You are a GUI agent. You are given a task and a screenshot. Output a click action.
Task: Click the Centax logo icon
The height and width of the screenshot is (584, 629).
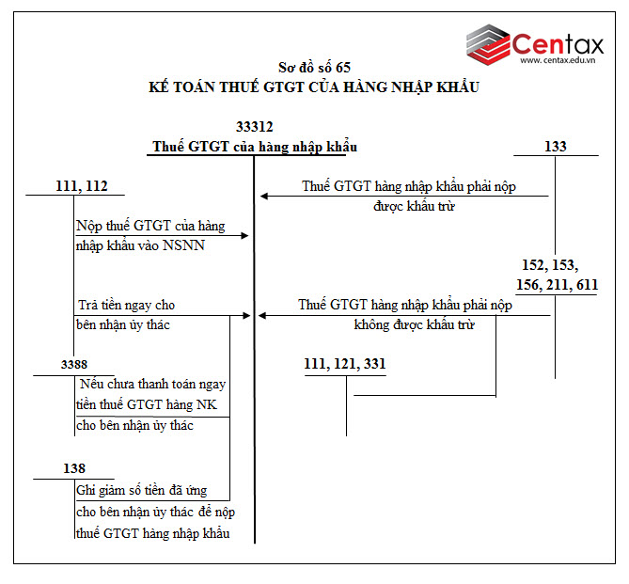pyautogui.click(x=488, y=45)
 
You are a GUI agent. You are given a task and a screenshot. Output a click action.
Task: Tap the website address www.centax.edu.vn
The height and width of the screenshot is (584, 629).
pyautogui.click(x=562, y=62)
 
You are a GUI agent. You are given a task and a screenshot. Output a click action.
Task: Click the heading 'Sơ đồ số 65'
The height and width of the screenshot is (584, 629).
pyautogui.click(x=314, y=67)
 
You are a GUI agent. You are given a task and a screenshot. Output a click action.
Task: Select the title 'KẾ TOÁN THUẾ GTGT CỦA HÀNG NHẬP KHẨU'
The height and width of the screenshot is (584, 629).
pyautogui.click(x=314, y=87)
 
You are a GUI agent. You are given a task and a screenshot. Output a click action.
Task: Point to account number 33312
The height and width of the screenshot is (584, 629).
pyautogui.click(x=255, y=126)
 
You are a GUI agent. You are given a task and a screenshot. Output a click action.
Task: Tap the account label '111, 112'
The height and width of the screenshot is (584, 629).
pyautogui.click(x=82, y=186)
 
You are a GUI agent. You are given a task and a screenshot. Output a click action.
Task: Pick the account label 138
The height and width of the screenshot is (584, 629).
pyautogui.click(x=73, y=468)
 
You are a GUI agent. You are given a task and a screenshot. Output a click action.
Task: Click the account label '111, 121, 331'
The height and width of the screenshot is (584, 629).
pyautogui.click(x=344, y=364)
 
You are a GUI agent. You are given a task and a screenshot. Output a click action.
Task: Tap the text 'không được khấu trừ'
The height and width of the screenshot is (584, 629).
pyautogui.click(x=414, y=325)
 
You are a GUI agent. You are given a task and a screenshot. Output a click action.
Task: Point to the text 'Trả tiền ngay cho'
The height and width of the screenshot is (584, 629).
pyautogui.click(x=125, y=305)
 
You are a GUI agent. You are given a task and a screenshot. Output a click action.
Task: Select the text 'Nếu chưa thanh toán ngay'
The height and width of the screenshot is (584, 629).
pyautogui.click(x=153, y=385)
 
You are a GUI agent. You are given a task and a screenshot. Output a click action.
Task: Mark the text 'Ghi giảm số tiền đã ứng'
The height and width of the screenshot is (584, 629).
pyautogui.click(x=141, y=491)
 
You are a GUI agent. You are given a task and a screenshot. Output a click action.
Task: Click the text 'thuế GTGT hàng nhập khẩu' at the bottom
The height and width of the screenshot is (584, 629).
pyautogui.click(x=152, y=533)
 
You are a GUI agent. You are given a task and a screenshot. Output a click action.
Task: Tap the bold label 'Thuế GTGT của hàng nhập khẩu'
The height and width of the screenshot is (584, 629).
pyautogui.click(x=255, y=147)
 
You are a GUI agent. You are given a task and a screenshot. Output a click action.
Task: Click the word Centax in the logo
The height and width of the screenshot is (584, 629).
pyautogui.click(x=561, y=42)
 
